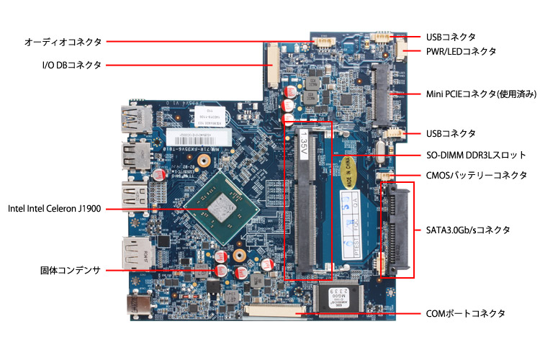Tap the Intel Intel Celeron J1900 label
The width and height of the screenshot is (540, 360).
[54, 209]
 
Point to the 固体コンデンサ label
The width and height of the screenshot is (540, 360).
[70, 271]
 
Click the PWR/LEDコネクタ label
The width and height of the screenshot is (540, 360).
[461, 51]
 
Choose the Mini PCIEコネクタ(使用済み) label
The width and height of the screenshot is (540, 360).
[481, 94]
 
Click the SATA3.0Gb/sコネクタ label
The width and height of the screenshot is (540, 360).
[468, 230]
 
